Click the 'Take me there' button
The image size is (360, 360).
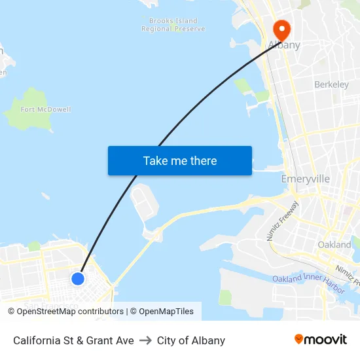click(x=179, y=161)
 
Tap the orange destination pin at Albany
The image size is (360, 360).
click(x=281, y=30)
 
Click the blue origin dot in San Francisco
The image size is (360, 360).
click(x=77, y=278)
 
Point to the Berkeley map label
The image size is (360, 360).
click(x=331, y=84)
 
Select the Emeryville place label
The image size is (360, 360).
click(x=305, y=179)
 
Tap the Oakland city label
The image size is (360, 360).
click(x=334, y=244)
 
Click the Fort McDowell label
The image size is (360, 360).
click(x=46, y=109)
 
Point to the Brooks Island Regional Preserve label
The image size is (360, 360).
click(x=173, y=25)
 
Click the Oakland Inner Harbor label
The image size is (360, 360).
click(x=308, y=279)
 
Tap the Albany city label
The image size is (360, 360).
click(x=284, y=46)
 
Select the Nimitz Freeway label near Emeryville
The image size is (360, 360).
click(x=283, y=221)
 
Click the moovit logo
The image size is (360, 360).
click(x=321, y=340)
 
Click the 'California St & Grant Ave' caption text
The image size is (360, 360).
click(x=73, y=340)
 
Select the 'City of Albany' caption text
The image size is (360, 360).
click(x=191, y=340)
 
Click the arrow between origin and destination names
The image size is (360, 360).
click(x=145, y=340)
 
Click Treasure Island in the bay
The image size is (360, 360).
click(x=144, y=204)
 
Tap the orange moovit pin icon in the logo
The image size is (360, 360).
click(x=299, y=339)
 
